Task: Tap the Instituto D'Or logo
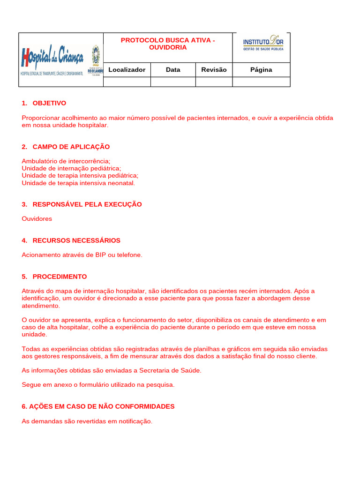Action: coord(263,43)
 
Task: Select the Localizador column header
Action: coord(127,70)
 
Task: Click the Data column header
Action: coord(173,70)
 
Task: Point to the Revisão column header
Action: coord(214,70)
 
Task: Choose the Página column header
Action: coord(261,70)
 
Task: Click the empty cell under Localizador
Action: coord(127,82)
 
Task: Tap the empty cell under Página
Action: coord(261,82)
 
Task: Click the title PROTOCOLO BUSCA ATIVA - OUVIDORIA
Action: coord(168,44)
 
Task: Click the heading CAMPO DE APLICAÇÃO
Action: coord(71,147)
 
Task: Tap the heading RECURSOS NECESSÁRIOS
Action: coord(76,240)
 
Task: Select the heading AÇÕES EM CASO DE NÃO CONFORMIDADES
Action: coord(98,406)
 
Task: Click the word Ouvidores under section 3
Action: coord(37,219)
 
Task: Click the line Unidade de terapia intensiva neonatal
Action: coord(78,183)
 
